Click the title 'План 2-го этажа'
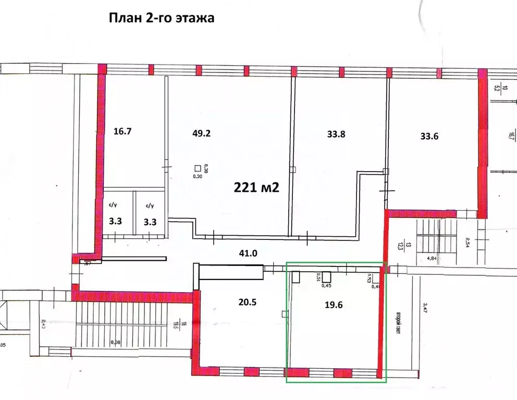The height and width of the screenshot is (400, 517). [162, 18]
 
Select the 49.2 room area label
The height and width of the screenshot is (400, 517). [202, 133]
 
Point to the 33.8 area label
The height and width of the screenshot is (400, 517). [336, 134]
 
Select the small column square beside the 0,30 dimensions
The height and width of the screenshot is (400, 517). [197, 168]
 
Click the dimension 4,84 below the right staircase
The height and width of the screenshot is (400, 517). [432, 258]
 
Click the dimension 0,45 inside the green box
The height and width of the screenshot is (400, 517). [327, 285]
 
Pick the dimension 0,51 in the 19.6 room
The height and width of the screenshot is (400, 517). [318, 276]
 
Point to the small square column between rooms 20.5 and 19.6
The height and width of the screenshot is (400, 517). [285, 313]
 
